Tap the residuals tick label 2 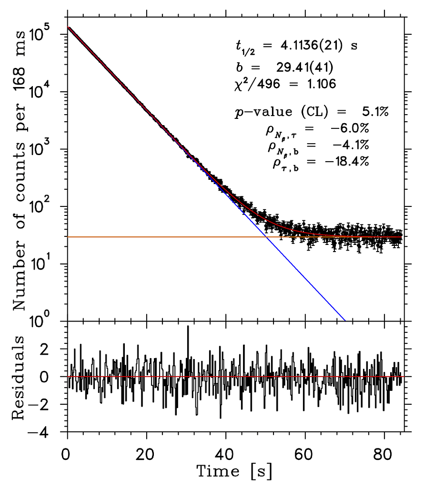tap(57, 349)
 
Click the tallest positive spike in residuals tap(188, 327)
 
